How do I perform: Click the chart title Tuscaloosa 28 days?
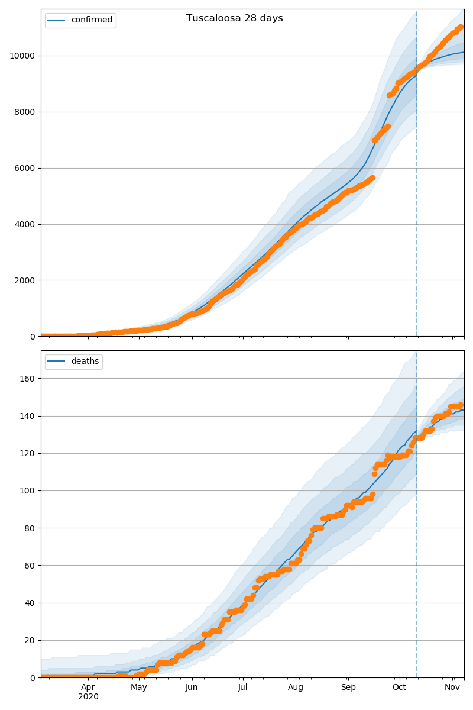point(235,18)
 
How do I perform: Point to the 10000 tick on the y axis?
point(21,56)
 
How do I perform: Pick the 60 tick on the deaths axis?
point(30,566)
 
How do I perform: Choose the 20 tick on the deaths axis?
point(30,640)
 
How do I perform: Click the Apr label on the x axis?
point(88,688)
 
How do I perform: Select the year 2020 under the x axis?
point(88,697)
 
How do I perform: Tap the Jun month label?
point(192,688)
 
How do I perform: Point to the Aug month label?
point(296,688)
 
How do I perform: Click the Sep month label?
point(348,688)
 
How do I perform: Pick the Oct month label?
point(400,688)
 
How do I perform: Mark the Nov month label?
point(452,688)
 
